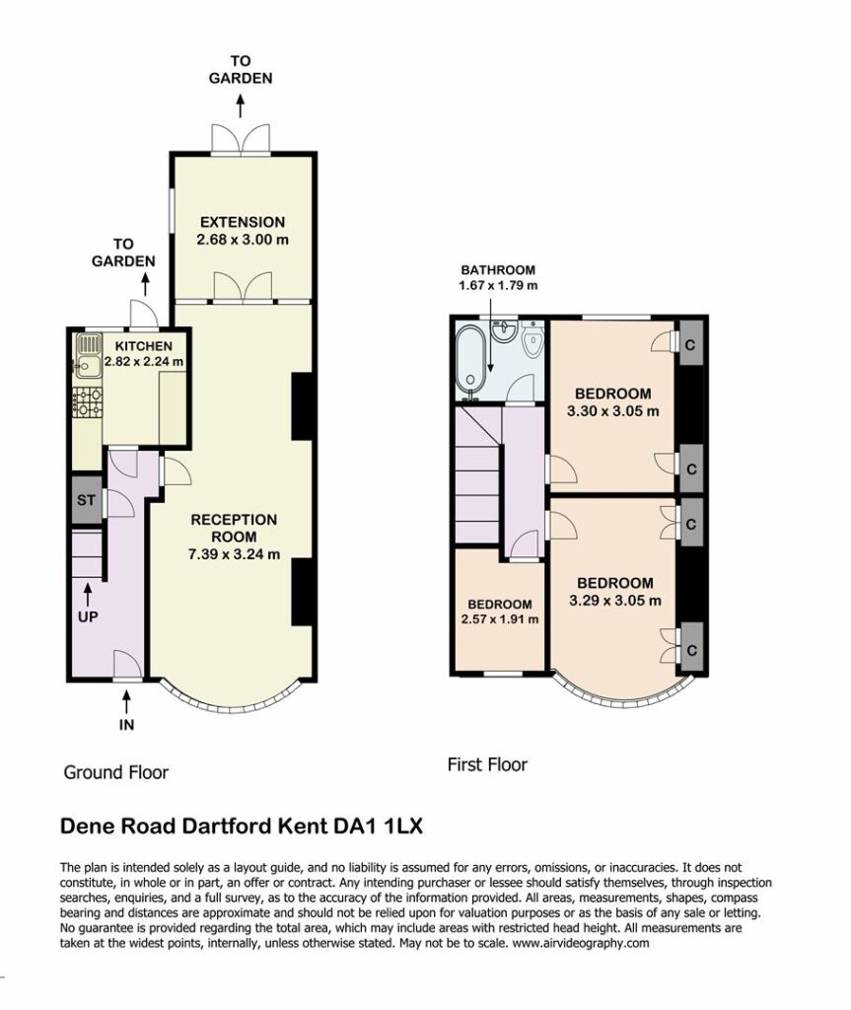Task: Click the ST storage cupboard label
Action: click(x=87, y=500)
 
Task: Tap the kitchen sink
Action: click(x=89, y=355)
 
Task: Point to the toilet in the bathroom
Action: click(x=533, y=339)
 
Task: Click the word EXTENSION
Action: click(x=243, y=222)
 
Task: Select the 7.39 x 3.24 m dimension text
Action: click(x=234, y=554)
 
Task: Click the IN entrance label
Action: click(x=127, y=725)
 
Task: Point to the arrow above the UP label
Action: click(x=87, y=595)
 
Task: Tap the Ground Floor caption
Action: click(x=116, y=772)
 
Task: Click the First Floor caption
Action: click(x=488, y=765)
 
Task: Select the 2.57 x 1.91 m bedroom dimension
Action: click(x=500, y=619)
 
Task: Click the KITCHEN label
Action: click(x=144, y=346)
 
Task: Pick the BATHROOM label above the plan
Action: click(x=498, y=270)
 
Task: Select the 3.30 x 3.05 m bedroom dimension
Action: click(x=613, y=411)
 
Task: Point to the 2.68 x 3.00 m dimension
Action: click(x=243, y=240)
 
